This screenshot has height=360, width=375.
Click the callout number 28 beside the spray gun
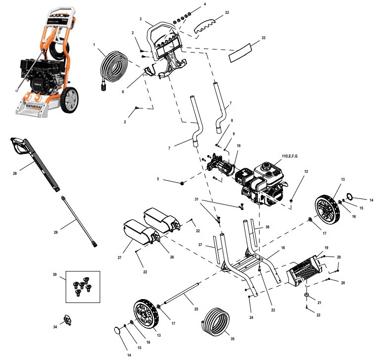coord(15,173)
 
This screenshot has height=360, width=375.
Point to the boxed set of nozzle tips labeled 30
coord(83,287)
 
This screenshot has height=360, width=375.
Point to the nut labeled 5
coord(183,183)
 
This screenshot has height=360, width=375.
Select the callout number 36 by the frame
coord(267,227)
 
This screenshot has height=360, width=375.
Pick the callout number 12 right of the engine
coord(306,171)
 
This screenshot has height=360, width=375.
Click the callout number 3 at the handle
coord(141,19)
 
